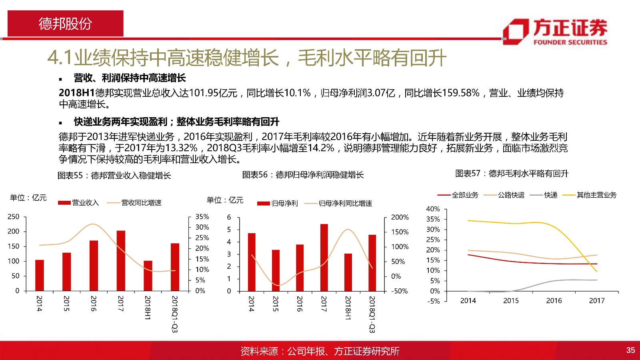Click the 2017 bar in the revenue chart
coord(121,261)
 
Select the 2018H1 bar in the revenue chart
coord(148,276)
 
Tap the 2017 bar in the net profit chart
coord(324,258)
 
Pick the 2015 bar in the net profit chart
coord(276,270)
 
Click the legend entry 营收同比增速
coord(134,203)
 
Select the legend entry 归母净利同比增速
coord(338,204)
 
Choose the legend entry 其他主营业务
coord(590,195)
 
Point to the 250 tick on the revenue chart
coord(14,217)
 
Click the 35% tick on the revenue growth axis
coord(202,217)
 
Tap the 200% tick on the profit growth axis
coord(400,218)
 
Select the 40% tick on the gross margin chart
coord(433,209)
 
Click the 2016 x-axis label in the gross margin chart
coord(554,300)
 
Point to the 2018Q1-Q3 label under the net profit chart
coord(372,314)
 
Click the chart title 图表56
coord(303,175)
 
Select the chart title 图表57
coord(512,174)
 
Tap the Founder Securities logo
coord(555,32)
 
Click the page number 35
coord(630,350)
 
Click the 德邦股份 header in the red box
coord(66,24)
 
